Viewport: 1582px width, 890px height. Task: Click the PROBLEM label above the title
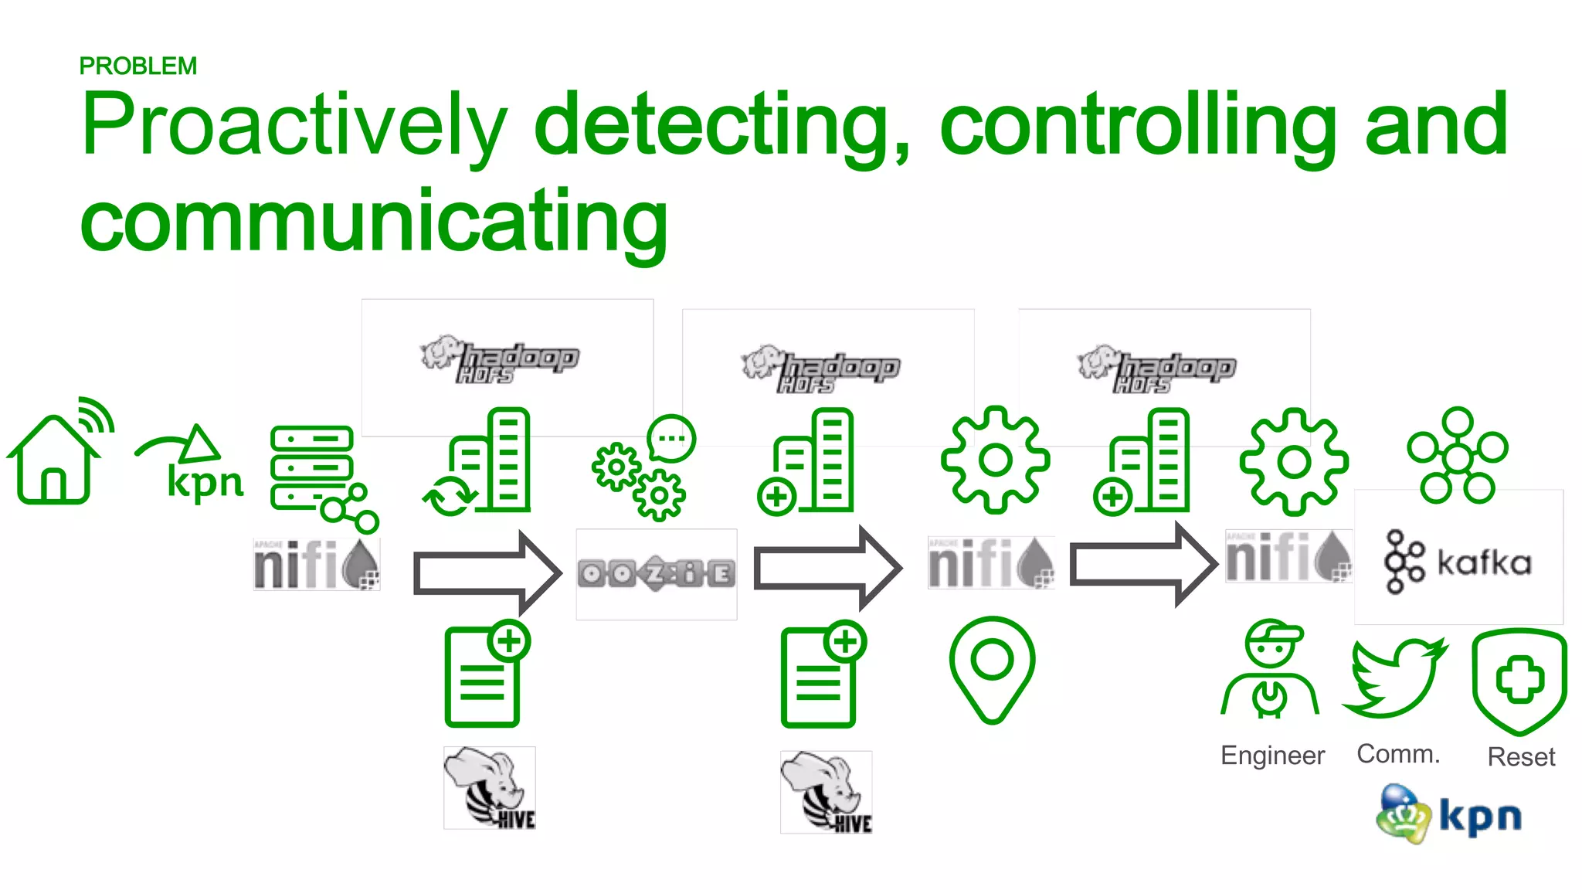[x=137, y=66]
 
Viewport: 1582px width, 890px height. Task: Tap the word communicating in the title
[x=374, y=222]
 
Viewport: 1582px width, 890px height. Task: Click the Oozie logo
[x=657, y=574]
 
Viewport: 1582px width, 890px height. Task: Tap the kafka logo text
[x=1483, y=562]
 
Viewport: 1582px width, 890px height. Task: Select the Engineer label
[x=1272, y=755]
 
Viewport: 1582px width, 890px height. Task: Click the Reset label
[x=1520, y=756]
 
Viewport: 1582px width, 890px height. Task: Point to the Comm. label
[x=1398, y=753]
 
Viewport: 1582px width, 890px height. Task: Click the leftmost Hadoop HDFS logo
[x=499, y=360]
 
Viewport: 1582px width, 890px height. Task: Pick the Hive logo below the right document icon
[x=826, y=792]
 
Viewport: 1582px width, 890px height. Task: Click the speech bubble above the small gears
[x=671, y=438]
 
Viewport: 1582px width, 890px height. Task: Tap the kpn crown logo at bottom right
[x=1448, y=814]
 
